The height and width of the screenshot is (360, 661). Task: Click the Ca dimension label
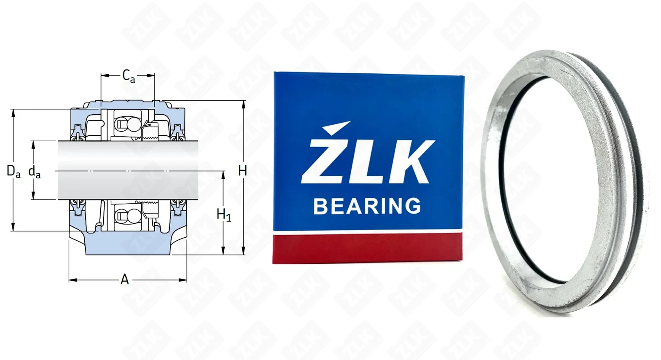(129, 76)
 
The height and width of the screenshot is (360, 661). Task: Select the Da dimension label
(13, 172)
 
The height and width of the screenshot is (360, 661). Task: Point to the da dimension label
(35, 172)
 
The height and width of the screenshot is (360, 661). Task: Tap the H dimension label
(242, 171)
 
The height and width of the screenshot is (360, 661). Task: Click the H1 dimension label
(224, 215)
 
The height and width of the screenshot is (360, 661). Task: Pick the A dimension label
(125, 279)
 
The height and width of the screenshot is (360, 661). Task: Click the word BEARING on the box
(367, 206)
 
